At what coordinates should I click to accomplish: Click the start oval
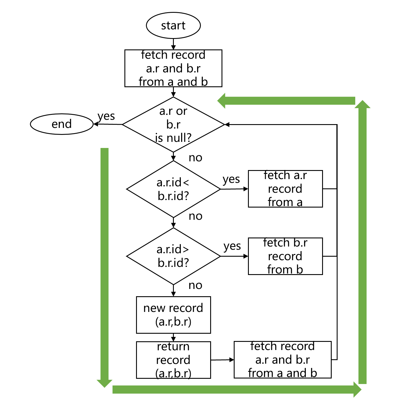click(173, 26)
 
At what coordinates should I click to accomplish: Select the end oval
click(62, 124)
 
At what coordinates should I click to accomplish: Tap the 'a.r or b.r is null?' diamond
click(173, 124)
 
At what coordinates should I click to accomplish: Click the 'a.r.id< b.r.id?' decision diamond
click(173, 189)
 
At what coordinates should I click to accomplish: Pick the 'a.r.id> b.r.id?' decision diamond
click(173, 256)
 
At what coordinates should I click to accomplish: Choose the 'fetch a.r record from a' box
click(285, 189)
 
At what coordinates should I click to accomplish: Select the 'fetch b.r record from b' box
click(285, 256)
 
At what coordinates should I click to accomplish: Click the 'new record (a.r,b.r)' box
click(173, 315)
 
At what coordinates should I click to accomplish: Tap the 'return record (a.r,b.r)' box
click(173, 360)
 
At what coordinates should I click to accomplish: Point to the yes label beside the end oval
click(106, 116)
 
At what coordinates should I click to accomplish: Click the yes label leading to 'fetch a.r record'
click(231, 179)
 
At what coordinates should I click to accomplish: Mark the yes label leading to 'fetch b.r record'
click(232, 246)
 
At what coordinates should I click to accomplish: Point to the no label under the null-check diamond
click(195, 158)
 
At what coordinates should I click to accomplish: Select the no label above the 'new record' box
click(195, 285)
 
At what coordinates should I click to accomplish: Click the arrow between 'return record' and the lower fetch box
click(222, 360)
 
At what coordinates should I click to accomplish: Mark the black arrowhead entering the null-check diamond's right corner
click(227, 124)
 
